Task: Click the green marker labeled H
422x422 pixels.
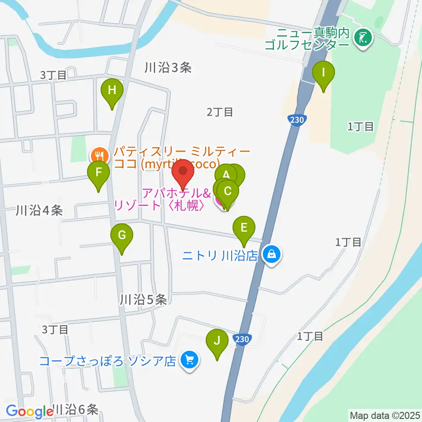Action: tap(112, 91)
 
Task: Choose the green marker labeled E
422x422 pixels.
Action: tap(244, 228)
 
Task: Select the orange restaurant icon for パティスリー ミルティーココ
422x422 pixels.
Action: tap(97, 155)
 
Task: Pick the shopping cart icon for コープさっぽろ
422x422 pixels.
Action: tap(190, 360)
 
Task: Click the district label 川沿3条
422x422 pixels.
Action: tap(168, 68)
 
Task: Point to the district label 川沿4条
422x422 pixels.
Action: tap(39, 211)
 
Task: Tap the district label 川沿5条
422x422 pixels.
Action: tap(143, 300)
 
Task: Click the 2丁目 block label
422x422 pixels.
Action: tap(220, 113)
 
